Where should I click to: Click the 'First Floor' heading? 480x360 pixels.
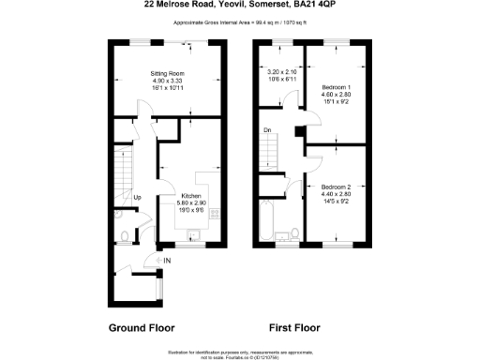pos(294,328)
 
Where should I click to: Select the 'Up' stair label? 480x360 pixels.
pos(138,198)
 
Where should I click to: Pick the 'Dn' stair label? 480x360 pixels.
pos(267,130)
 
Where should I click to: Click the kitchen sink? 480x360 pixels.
pos(195,235)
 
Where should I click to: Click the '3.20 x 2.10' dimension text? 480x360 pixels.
pos(281,72)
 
